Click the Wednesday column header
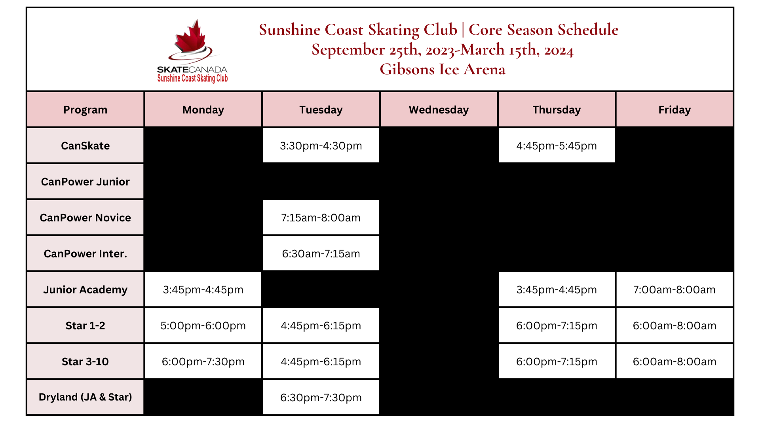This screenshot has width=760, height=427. (439, 110)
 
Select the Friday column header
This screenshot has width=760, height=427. (674, 110)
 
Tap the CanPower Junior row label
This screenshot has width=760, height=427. (85, 181)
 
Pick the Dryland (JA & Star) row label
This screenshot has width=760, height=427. (85, 397)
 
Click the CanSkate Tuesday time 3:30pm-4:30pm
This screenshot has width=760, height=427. (321, 145)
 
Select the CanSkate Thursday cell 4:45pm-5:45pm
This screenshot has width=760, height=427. (557, 145)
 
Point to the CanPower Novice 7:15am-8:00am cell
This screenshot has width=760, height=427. (321, 217)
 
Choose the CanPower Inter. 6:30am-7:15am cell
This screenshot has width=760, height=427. (321, 253)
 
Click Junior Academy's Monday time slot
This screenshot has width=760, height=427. (203, 289)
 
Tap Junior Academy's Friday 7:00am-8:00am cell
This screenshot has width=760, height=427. (674, 289)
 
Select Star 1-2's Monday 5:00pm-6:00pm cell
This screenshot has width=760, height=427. (203, 325)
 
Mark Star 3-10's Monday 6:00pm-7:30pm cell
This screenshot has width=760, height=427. (203, 361)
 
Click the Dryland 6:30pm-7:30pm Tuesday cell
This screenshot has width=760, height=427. (321, 397)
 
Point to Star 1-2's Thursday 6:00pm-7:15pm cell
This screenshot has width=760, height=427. (557, 325)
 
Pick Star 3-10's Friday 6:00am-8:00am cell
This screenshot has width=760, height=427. (674, 361)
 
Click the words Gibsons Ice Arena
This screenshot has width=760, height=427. (443, 70)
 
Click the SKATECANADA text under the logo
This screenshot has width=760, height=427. (192, 70)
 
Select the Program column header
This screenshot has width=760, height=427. (85, 110)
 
